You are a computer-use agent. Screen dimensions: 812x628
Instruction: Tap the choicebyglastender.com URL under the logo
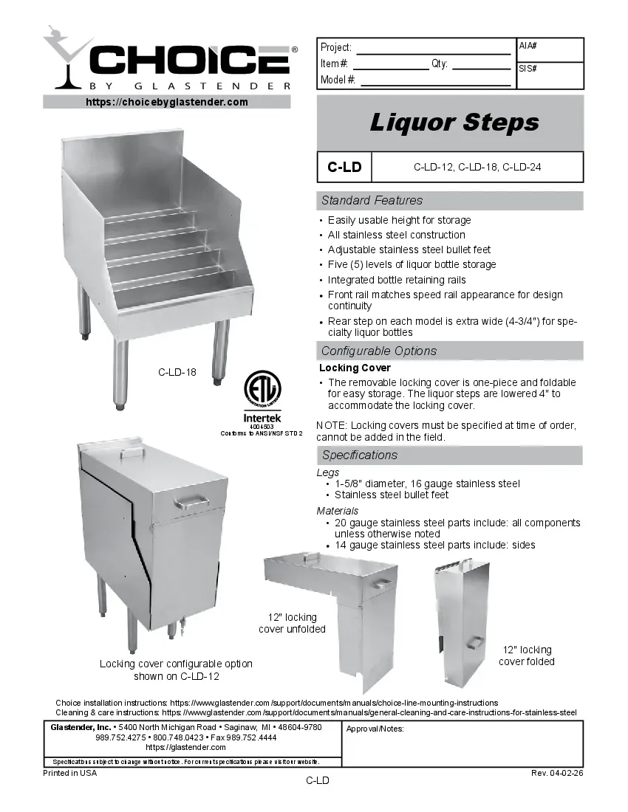click(167, 102)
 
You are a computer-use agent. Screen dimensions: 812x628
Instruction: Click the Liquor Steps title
click(454, 123)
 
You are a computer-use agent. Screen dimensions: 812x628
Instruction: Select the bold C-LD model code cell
click(344, 167)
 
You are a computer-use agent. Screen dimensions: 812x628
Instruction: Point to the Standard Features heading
click(372, 200)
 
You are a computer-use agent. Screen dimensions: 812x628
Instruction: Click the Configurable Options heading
click(378, 351)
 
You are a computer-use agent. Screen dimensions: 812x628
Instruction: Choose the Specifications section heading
click(359, 455)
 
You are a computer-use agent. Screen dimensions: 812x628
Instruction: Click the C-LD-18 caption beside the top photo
click(177, 372)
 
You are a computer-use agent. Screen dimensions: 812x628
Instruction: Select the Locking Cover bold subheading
click(355, 368)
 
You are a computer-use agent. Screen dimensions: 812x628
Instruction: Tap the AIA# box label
click(528, 46)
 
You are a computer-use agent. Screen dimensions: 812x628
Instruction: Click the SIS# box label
click(528, 68)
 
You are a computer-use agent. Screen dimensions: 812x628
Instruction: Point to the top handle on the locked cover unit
click(132, 451)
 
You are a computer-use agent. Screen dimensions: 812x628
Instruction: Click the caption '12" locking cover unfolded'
click(292, 623)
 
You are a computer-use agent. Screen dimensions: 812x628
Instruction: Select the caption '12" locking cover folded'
click(526, 656)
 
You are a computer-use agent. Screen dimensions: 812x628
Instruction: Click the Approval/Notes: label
click(375, 729)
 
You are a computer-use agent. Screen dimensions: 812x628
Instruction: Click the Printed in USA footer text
click(70, 773)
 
